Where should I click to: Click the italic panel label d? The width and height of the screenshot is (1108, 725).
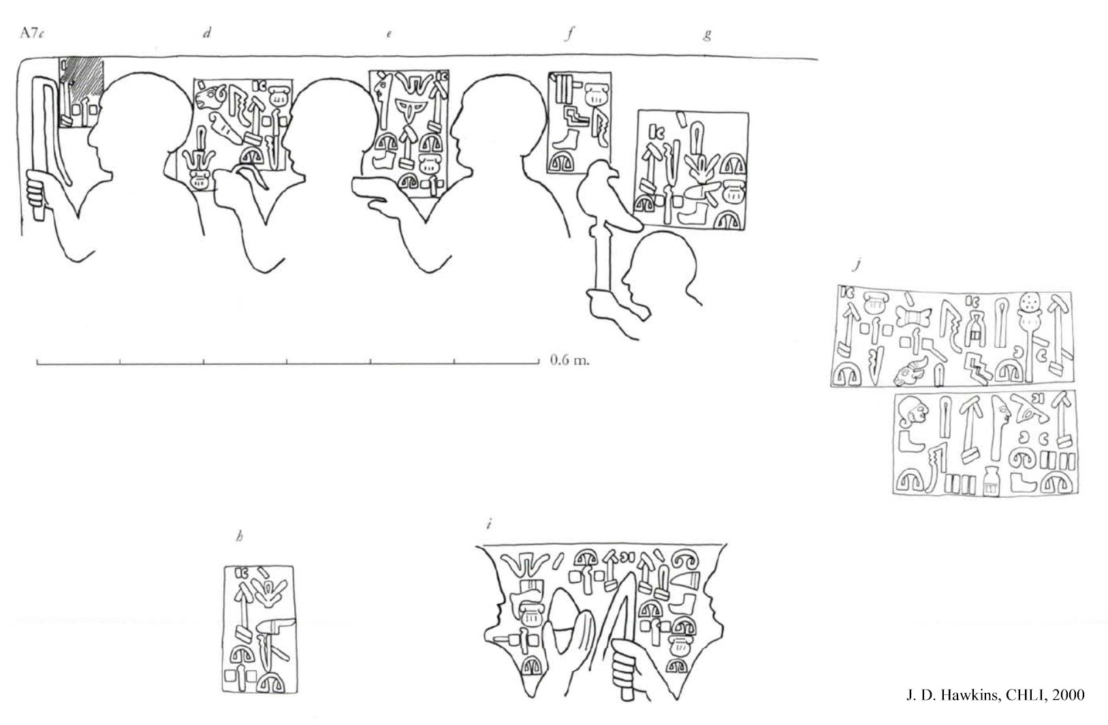click(x=207, y=33)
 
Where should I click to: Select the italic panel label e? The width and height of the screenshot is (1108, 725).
click(x=390, y=34)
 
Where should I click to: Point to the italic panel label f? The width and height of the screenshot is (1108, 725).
click(x=570, y=33)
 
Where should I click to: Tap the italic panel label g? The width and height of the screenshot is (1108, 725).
click(x=708, y=35)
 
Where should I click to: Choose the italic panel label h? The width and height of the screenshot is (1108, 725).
click(x=240, y=536)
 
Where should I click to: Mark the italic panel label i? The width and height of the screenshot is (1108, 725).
click(x=488, y=523)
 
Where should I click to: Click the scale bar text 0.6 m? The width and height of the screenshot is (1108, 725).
click(x=570, y=360)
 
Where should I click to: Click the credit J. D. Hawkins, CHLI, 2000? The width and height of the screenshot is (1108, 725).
click(x=995, y=695)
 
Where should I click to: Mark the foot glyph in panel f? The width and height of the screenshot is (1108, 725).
click(x=566, y=140)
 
